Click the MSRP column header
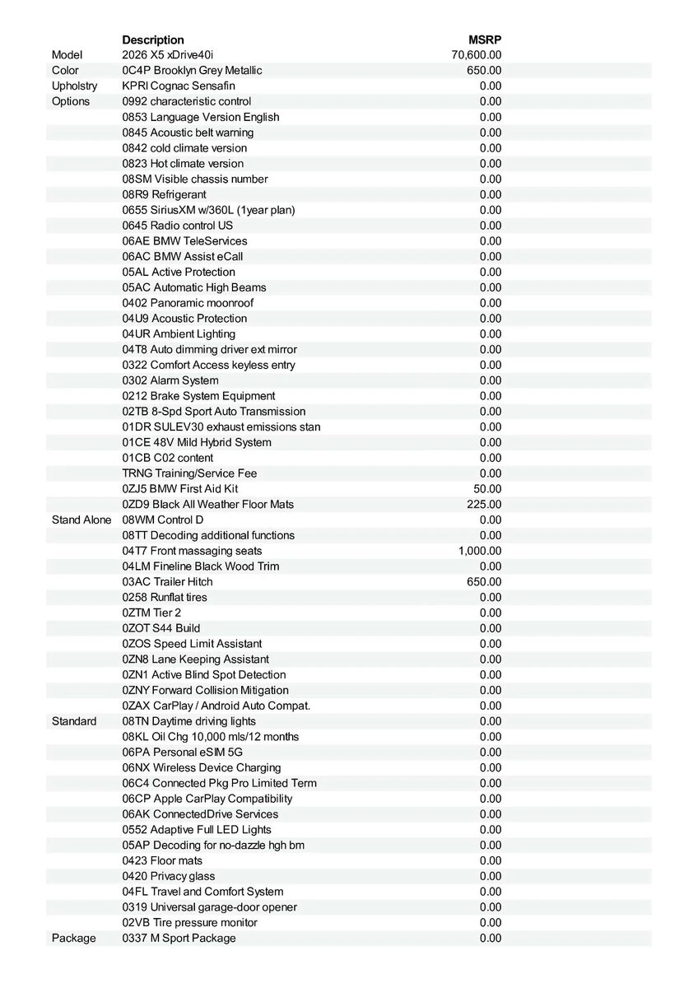click(485, 40)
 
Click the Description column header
click(153, 40)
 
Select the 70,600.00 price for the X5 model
click(477, 55)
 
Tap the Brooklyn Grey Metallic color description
click(192, 71)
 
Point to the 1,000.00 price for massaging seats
click(480, 551)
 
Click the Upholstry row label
click(74, 86)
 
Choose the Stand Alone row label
click(81, 520)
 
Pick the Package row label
click(73, 939)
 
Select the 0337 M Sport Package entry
click(179, 939)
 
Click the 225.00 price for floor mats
click(485, 505)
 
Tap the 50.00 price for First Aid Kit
click(487, 489)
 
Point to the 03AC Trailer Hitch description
click(167, 582)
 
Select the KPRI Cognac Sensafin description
click(179, 86)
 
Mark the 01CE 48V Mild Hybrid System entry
click(197, 443)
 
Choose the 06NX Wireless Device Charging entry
click(202, 768)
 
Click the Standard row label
click(74, 721)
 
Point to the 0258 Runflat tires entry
click(165, 598)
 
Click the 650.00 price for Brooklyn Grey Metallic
click(485, 71)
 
